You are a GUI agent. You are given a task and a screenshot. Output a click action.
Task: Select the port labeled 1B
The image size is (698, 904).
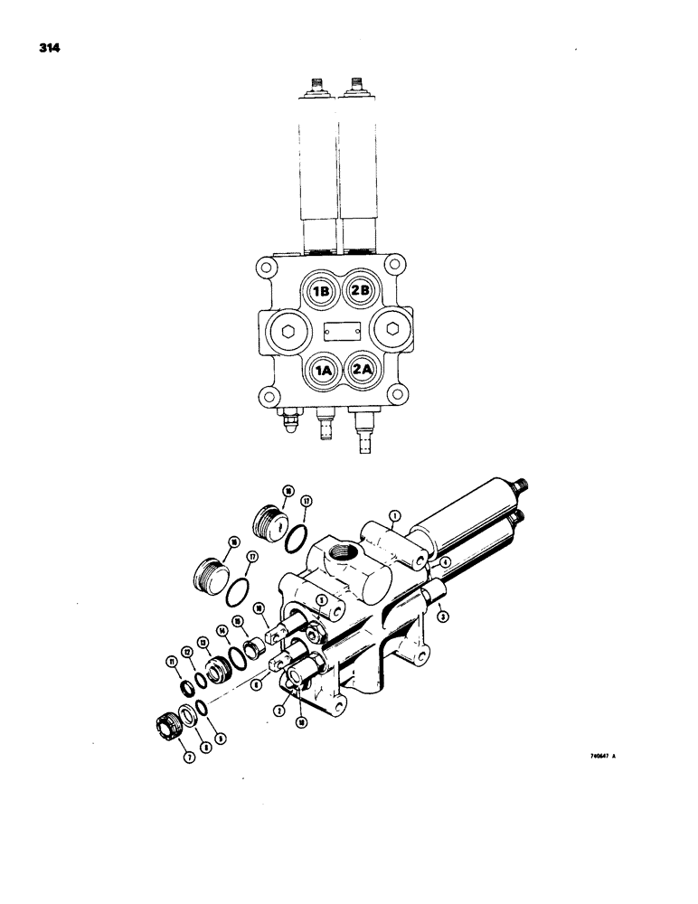pos(321,291)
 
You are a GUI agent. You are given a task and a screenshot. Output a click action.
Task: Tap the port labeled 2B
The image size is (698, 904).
pos(362,291)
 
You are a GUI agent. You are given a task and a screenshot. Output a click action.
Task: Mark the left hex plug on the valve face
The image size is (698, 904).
pos(287,330)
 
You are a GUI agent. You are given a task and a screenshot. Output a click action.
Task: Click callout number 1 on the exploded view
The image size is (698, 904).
pos(395,516)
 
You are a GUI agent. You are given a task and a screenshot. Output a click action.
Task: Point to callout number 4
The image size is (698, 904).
pos(445,562)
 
